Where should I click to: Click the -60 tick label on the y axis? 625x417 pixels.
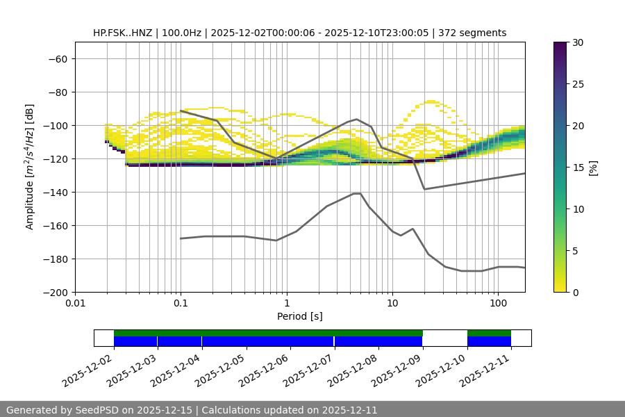pos(57,58)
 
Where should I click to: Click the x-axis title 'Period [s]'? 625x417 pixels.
pos(299,316)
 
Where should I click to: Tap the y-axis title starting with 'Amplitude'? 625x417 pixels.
pos(30,167)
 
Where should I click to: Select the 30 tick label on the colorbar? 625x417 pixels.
pos(578,42)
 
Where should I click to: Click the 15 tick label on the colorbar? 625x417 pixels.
pos(578,167)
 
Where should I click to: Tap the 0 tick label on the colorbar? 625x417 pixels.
pos(575,292)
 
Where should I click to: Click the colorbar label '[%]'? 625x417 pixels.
pos(593,167)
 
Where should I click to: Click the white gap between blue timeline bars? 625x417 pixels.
pos(444,341)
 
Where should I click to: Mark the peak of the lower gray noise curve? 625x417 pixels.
pos(357,193)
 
